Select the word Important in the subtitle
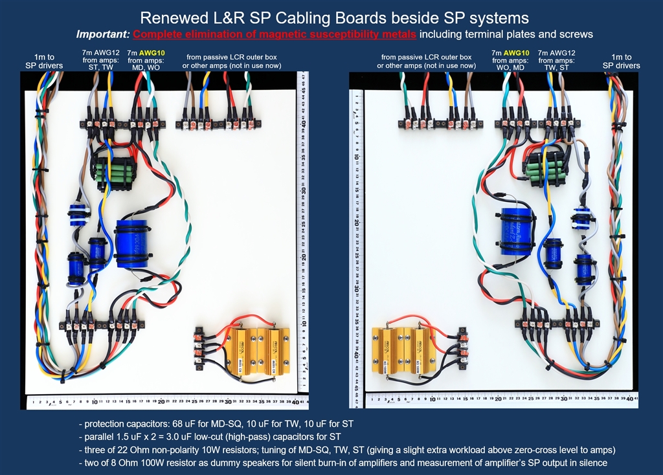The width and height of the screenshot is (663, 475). (x=103, y=34)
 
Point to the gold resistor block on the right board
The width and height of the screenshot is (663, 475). (x=403, y=349)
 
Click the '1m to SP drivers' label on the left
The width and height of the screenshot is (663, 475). (x=44, y=61)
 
